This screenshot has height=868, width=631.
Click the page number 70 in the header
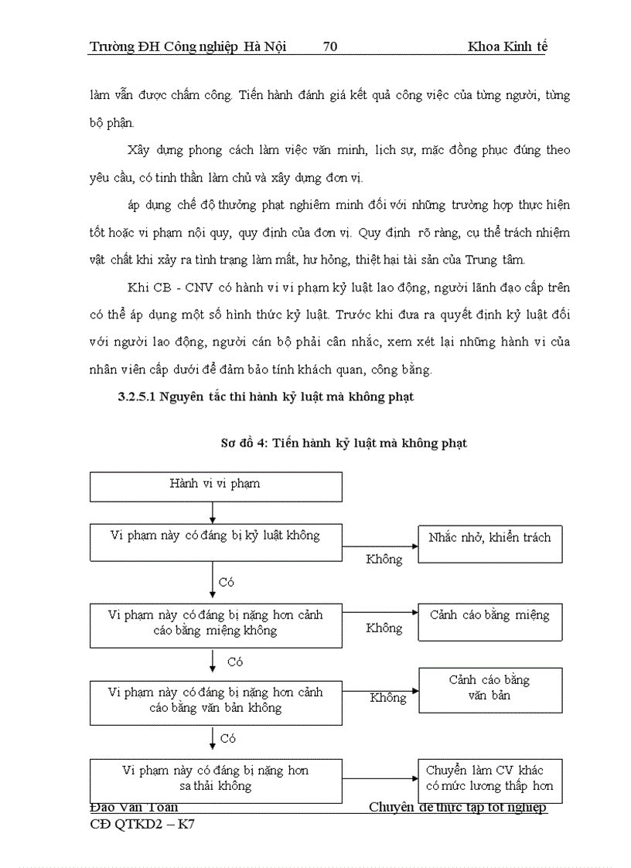329,46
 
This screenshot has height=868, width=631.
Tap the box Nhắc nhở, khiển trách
489,543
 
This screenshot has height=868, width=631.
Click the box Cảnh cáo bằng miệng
489,621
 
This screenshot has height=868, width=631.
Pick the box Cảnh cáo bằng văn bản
489,688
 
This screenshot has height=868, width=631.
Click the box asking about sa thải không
216,780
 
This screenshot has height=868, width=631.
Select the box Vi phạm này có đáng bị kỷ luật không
216,542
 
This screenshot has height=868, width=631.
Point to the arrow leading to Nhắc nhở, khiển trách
380,543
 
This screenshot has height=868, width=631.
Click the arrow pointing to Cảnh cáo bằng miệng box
380,612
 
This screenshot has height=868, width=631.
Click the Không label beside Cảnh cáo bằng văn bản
387,698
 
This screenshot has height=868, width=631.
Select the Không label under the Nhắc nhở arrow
384,559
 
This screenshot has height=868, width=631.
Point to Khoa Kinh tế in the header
507,46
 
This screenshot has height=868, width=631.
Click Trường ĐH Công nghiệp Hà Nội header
188,46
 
